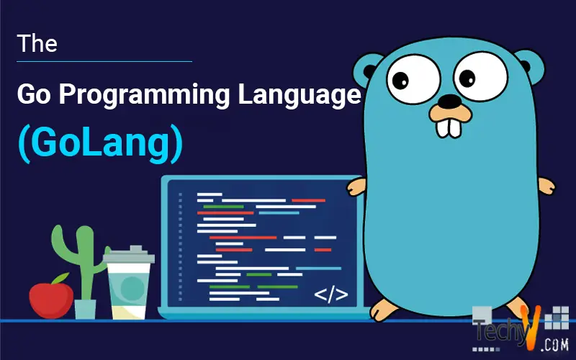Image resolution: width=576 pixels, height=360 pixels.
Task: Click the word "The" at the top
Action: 37,43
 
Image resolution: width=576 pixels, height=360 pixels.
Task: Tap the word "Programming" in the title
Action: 144,95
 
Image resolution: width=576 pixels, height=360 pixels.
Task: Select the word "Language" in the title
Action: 300,95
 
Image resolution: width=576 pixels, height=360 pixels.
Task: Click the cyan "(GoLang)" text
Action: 100,143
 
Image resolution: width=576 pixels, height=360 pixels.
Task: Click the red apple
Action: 51,300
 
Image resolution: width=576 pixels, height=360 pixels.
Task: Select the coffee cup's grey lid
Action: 129,255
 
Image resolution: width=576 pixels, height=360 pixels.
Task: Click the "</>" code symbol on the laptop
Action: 331,294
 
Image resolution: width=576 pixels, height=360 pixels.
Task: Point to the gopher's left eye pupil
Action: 400,80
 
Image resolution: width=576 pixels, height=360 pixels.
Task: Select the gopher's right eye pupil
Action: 467,78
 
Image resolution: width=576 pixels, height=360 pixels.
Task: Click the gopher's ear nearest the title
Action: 366,70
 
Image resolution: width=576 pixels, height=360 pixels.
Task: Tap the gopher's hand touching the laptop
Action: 356,186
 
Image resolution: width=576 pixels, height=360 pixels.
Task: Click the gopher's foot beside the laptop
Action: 383,310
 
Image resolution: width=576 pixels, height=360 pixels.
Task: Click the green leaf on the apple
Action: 61,278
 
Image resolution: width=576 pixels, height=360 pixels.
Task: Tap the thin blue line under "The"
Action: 104,61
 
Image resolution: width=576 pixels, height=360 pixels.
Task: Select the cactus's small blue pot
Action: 85,310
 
